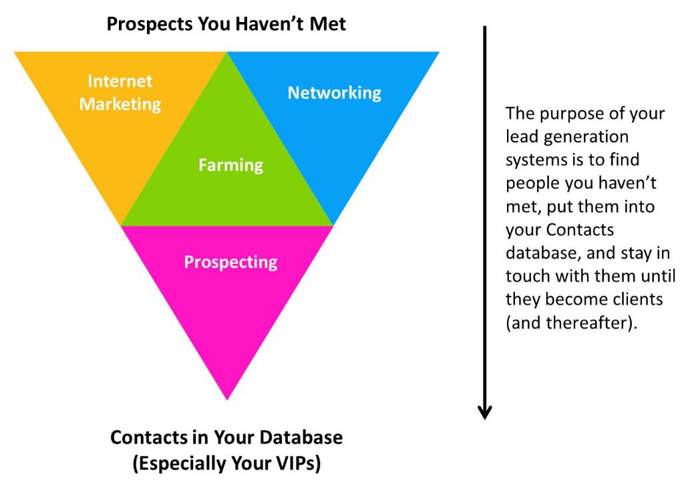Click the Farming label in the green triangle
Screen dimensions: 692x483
point(231,165)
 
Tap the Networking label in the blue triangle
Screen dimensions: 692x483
point(335,93)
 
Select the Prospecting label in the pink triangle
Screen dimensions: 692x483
point(231,263)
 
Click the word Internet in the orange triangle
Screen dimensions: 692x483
point(120,81)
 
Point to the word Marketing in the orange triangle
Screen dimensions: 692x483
point(120,105)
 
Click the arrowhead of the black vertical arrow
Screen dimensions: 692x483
point(484,412)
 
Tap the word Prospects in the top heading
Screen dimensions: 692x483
point(150,24)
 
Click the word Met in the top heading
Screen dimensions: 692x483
point(328,23)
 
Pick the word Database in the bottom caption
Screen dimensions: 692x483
point(301,438)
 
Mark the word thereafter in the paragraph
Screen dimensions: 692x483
point(586,323)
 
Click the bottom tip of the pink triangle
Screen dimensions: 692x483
point(227,400)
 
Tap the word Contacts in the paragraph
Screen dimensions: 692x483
point(580,230)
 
